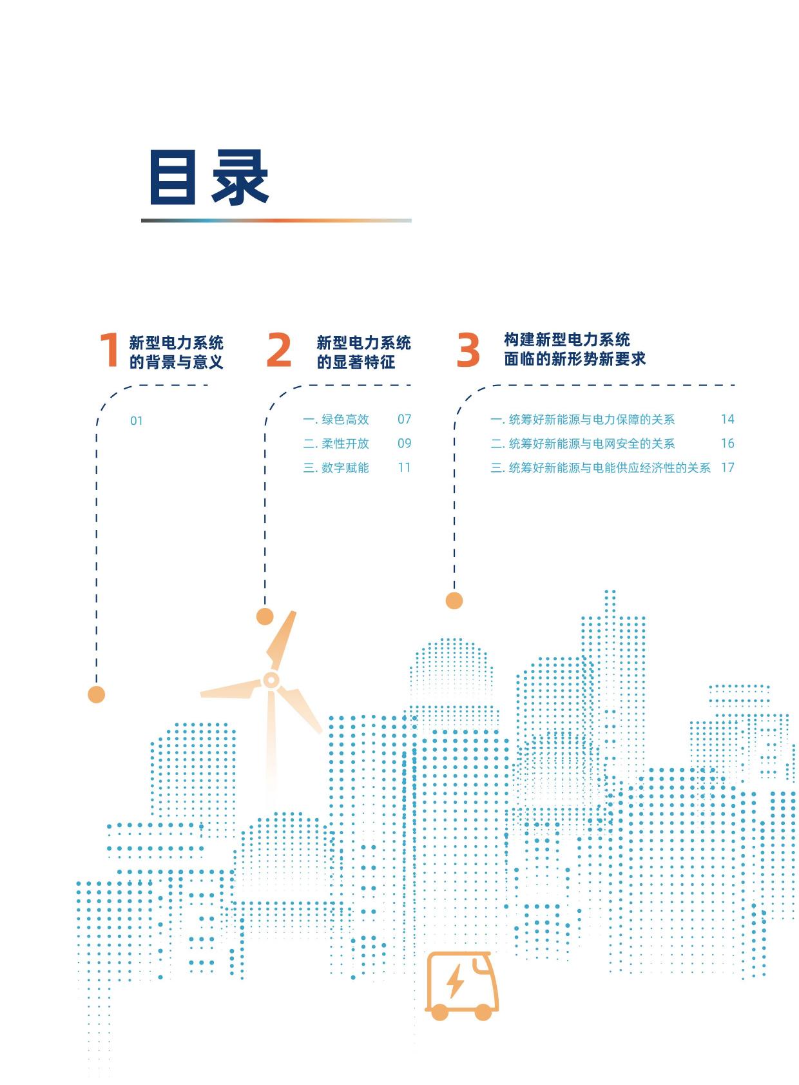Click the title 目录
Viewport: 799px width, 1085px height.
(x=209, y=177)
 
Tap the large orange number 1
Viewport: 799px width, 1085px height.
(x=110, y=349)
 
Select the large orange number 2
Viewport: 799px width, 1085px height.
(x=279, y=349)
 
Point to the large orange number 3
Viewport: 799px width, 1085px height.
(x=468, y=349)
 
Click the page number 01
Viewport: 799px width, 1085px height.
(x=137, y=421)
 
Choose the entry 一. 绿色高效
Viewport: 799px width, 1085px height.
(x=336, y=419)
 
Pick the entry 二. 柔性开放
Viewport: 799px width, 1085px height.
(x=336, y=443)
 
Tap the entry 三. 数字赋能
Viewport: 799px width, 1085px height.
(x=336, y=467)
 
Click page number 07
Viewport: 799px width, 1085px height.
(x=405, y=419)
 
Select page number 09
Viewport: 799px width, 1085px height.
(x=405, y=443)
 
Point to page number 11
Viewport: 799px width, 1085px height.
(x=405, y=467)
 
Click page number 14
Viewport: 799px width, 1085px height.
(x=728, y=419)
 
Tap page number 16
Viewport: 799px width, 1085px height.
(x=728, y=443)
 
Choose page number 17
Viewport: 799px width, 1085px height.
(x=728, y=467)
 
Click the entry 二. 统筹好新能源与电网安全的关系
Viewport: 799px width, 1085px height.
(x=582, y=443)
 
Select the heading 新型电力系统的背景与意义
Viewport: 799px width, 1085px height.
(x=177, y=352)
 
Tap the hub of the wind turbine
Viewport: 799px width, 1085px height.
(x=271, y=680)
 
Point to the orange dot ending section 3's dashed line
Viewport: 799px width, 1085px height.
(x=454, y=601)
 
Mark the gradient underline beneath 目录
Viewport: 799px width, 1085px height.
(x=276, y=220)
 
